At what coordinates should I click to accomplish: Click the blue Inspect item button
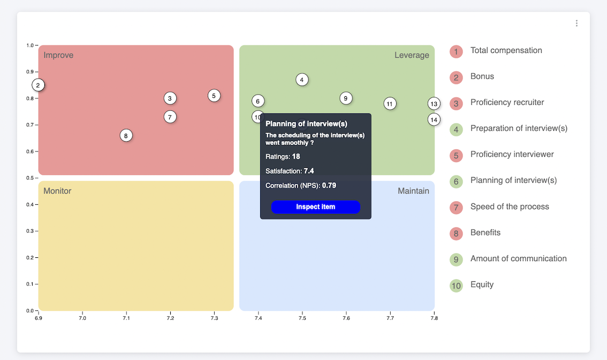click(315, 207)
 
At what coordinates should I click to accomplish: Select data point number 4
click(302, 80)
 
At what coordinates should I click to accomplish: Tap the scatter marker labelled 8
click(126, 135)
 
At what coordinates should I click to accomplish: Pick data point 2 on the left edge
click(38, 85)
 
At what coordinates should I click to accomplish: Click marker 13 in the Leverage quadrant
click(434, 104)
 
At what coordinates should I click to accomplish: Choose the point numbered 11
click(390, 104)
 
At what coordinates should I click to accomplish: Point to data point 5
click(214, 96)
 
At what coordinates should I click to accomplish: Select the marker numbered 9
click(346, 98)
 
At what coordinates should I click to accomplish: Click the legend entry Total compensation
click(506, 50)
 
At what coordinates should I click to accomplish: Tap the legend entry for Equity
click(482, 285)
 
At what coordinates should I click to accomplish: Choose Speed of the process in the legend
click(509, 206)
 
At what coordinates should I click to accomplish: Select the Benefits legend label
click(485, 233)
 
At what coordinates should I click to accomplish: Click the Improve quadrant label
click(58, 55)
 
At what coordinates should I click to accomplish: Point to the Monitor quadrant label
click(57, 191)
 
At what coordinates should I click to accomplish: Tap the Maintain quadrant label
click(413, 191)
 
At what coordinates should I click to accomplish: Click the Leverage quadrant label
click(412, 55)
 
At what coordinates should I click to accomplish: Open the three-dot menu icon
click(576, 23)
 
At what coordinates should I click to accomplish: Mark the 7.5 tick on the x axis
click(302, 318)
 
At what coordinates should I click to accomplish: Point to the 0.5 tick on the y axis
click(29, 178)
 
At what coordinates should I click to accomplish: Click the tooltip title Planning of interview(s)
click(306, 124)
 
